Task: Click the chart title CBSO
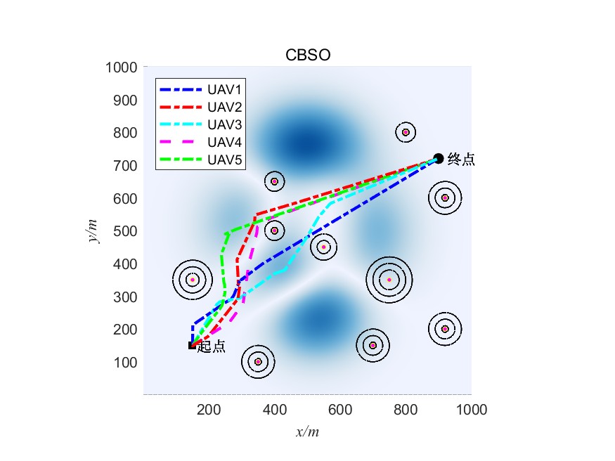pos(307,56)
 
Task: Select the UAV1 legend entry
pos(225,90)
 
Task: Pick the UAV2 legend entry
pos(225,108)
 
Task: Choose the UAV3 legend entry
pos(225,125)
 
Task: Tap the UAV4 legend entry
pos(225,143)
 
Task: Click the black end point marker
pos(439,159)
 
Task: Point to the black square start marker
pos(191,345)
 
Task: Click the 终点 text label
pos(461,160)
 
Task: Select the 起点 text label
pos(212,346)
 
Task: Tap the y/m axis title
pos(93,230)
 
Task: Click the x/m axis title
pos(307,431)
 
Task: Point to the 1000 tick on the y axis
pos(121,67)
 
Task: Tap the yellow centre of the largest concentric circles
pos(389,280)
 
